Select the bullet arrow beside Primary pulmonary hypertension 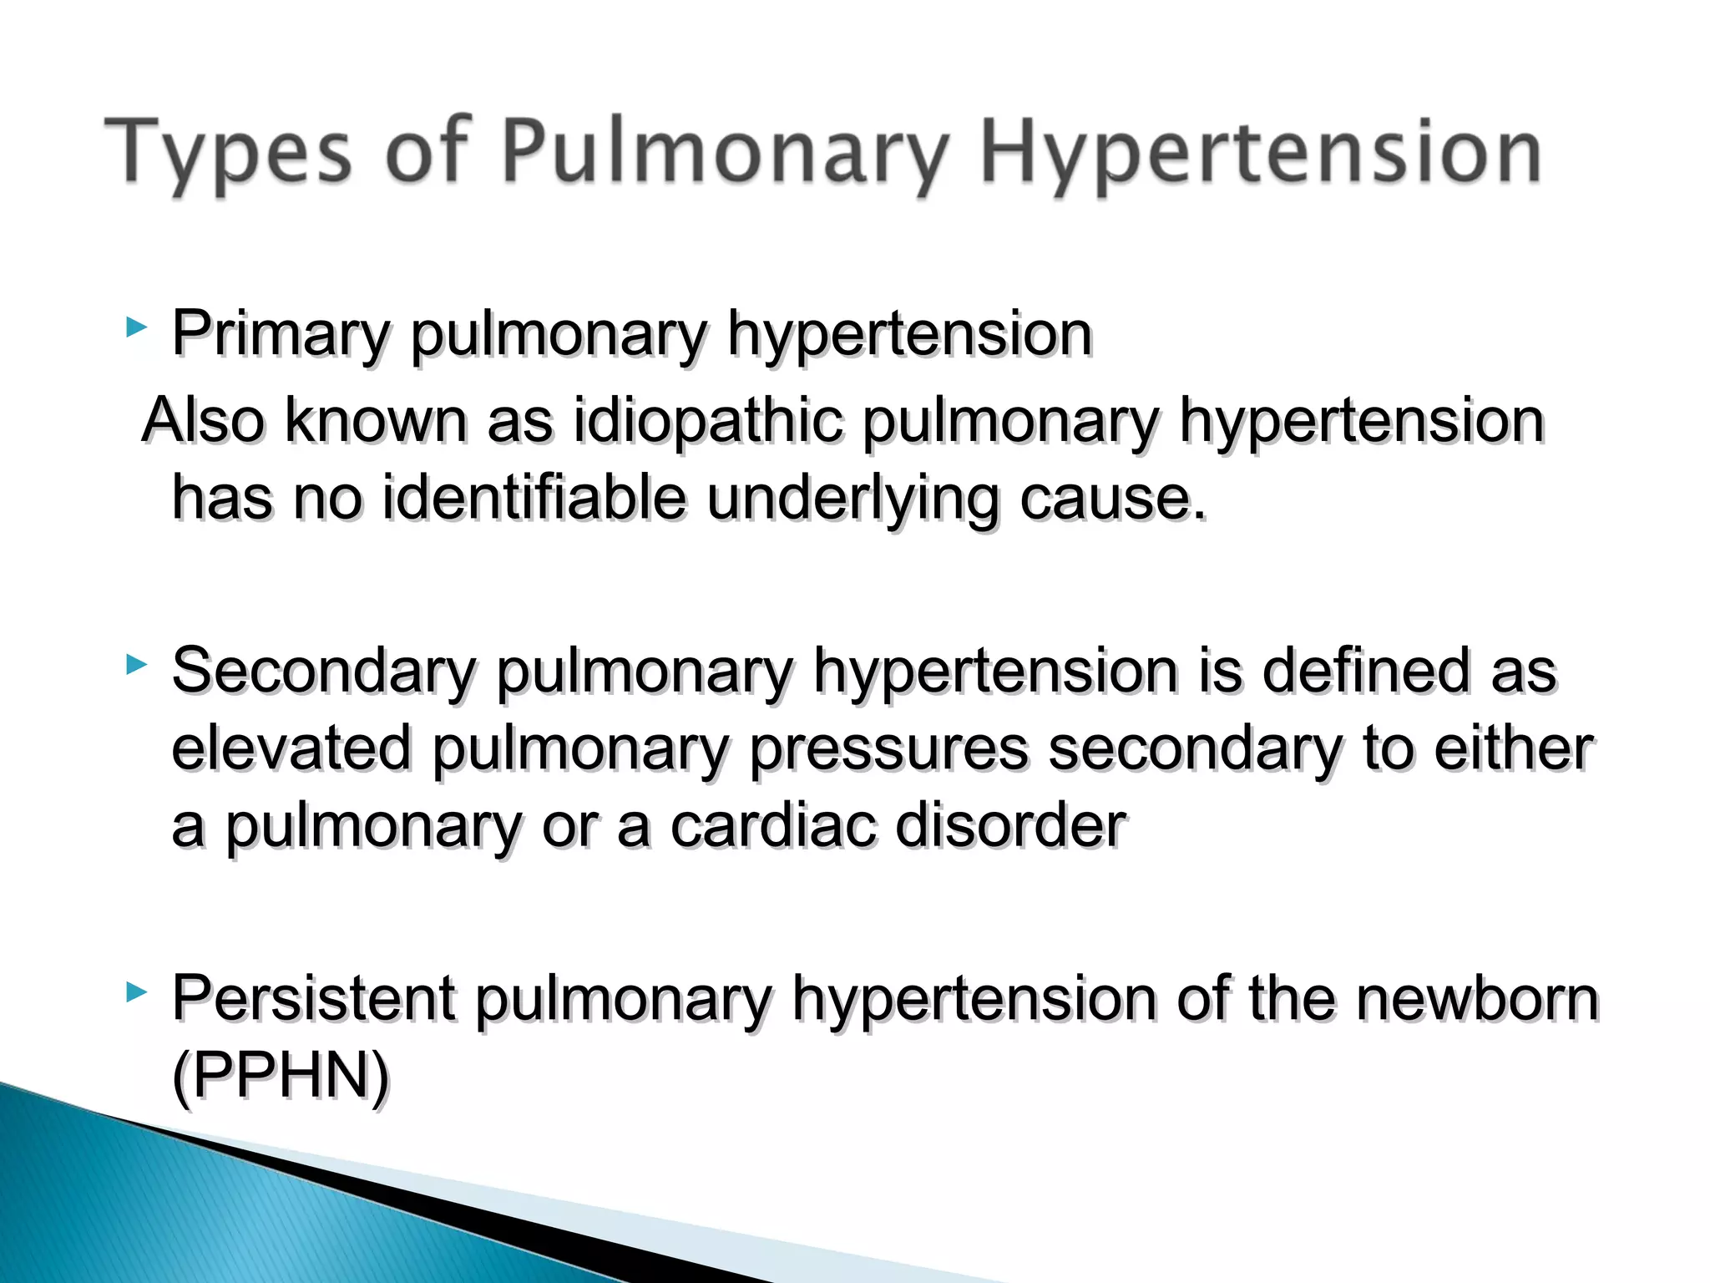136,327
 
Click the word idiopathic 708,420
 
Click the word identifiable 534,499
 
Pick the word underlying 852,499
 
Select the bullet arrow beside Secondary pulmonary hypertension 136,665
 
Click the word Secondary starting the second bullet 324,671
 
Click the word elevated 291,748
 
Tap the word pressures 888,748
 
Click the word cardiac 772,826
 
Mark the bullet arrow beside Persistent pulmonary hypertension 136,992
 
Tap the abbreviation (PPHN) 281,1076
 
